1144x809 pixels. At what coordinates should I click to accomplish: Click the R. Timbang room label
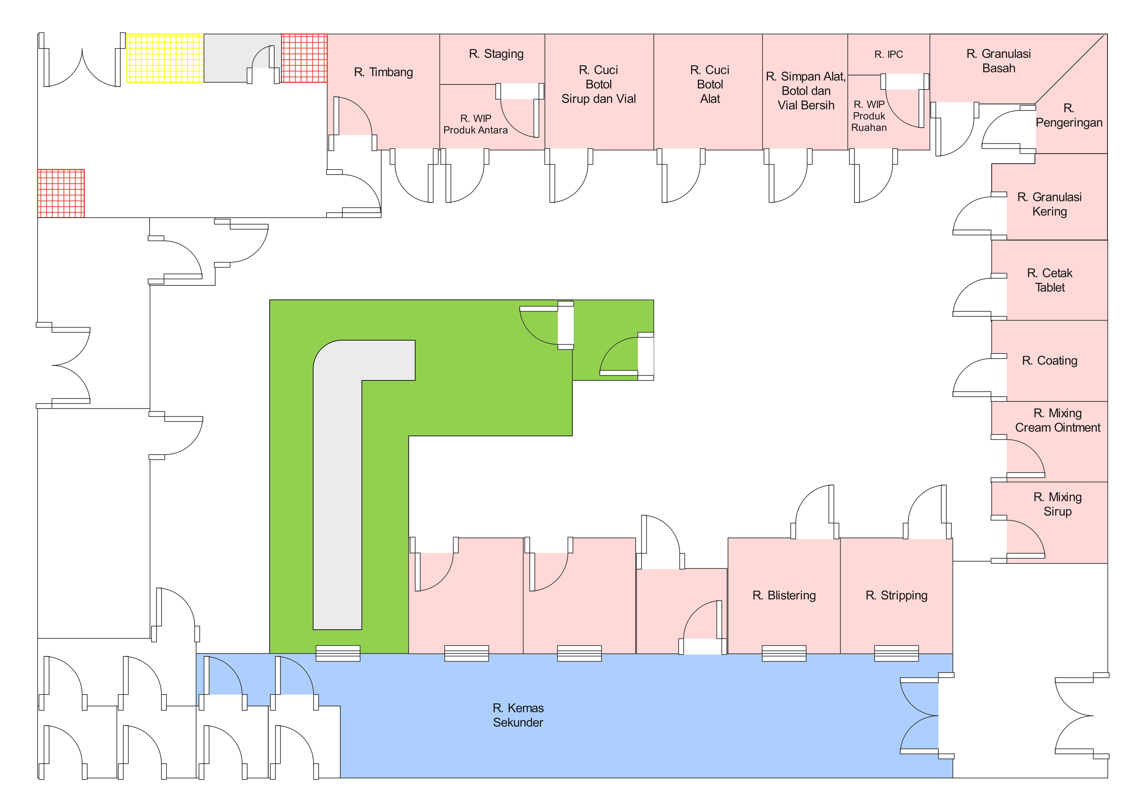pyautogui.click(x=383, y=72)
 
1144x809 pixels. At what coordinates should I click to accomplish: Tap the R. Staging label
pyautogui.click(x=496, y=54)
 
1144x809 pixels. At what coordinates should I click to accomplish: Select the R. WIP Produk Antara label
pyautogui.click(x=476, y=124)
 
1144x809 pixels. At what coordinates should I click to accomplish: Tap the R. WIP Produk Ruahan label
pyautogui.click(x=869, y=116)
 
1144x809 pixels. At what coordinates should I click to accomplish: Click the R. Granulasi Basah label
pyautogui.click(x=998, y=61)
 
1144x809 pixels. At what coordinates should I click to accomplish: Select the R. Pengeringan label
pyautogui.click(x=1069, y=116)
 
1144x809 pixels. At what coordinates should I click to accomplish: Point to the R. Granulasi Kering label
pyautogui.click(x=1049, y=204)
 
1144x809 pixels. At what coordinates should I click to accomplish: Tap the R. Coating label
pyautogui.click(x=1049, y=361)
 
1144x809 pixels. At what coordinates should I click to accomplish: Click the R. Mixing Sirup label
pyautogui.click(x=1057, y=504)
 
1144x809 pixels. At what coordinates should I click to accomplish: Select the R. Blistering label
pyautogui.click(x=784, y=595)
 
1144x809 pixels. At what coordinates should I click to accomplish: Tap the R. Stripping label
pyautogui.click(x=896, y=595)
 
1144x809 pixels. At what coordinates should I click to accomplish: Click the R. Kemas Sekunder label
pyautogui.click(x=518, y=715)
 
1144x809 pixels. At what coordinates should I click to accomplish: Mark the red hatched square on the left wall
pyautogui.click(x=61, y=193)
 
